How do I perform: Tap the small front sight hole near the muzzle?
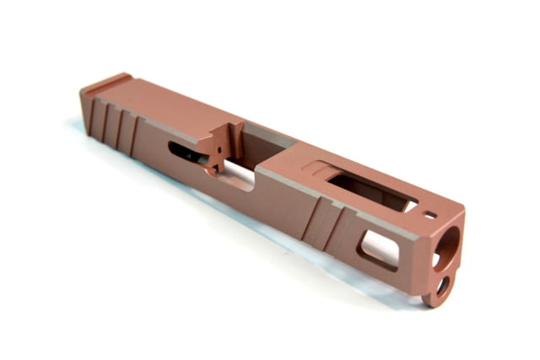point(433,214)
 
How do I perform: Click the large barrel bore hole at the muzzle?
point(450,245)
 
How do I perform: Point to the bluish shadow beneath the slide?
point(211,211)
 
